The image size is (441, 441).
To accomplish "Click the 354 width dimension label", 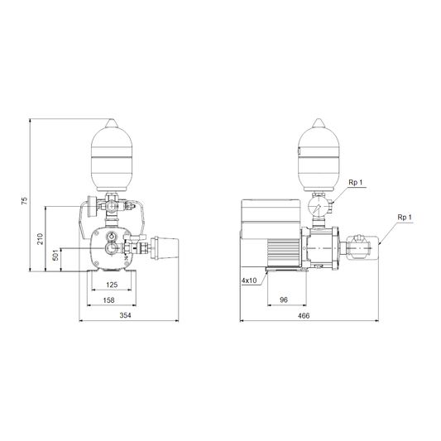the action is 126,315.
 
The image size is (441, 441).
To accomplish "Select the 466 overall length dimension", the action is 304,315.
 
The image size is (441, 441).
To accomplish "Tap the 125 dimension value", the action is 112,285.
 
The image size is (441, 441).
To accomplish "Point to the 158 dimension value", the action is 109,300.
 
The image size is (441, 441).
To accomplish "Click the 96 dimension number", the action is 284,300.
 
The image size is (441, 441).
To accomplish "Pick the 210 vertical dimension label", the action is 41,239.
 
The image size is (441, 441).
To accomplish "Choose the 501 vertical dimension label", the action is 55,255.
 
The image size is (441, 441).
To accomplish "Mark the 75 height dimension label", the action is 25,200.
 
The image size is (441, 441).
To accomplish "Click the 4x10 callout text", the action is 249,280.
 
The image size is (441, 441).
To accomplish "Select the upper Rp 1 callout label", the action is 356,182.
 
